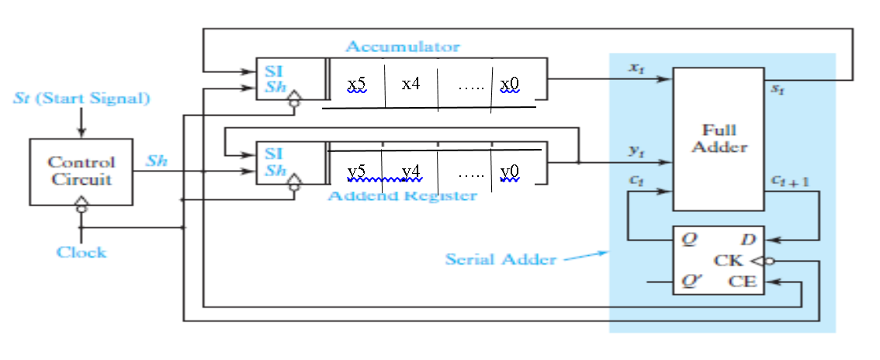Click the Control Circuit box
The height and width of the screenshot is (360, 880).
pos(81,171)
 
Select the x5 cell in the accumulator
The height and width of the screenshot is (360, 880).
pos(357,83)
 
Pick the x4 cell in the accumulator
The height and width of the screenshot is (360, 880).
pos(411,83)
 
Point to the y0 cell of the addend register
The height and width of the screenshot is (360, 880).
pos(511,171)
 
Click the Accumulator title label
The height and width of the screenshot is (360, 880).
pos(402,47)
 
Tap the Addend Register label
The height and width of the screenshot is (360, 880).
pos(402,195)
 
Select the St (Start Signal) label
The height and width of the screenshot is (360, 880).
pos(81,99)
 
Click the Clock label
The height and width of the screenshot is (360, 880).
pos(81,252)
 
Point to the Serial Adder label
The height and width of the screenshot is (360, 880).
pos(501,259)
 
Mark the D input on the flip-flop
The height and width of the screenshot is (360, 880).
pos(748,239)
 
